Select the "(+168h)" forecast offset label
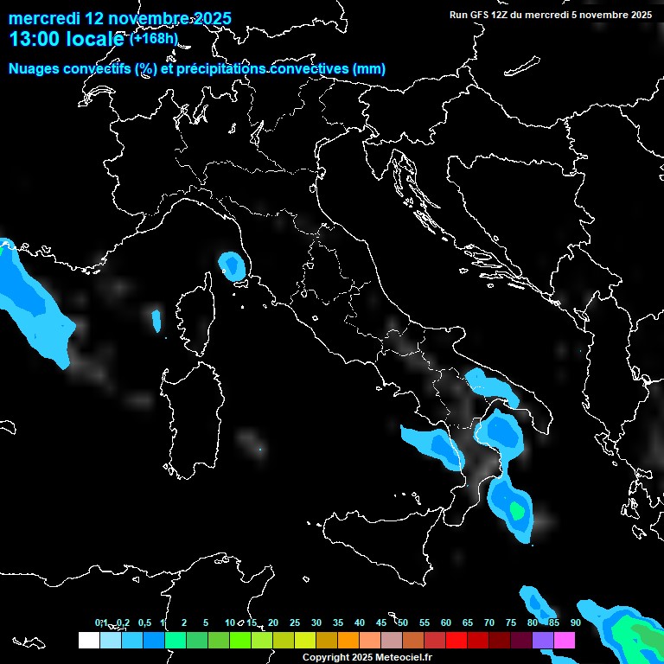(x=153, y=38)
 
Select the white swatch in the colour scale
(x=88, y=641)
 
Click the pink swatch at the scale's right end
(x=565, y=641)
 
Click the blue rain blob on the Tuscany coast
(x=231, y=265)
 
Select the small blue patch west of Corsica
(x=156, y=321)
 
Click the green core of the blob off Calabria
(x=517, y=511)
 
